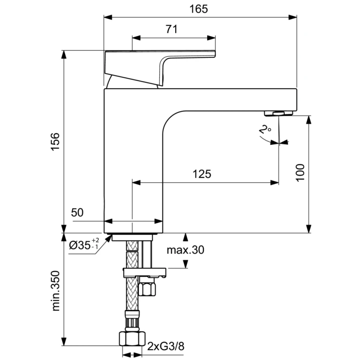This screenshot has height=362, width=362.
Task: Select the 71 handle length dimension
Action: pyautogui.click(x=171, y=29)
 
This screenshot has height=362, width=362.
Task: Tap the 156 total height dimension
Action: pyautogui.click(x=55, y=142)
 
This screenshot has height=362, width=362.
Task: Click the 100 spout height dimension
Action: pyautogui.click(x=302, y=173)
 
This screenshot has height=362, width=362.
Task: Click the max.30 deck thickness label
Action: pyautogui.click(x=185, y=250)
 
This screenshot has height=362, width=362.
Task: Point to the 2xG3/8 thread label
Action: pyautogui.click(x=166, y=347)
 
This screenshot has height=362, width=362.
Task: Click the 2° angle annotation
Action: pyautogui.click(x=265, y=131)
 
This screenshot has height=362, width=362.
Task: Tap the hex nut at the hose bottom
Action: pyautogui.click(x=131, y=338)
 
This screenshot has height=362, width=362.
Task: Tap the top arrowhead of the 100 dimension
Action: pyautogui.click(x=309, y=119)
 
